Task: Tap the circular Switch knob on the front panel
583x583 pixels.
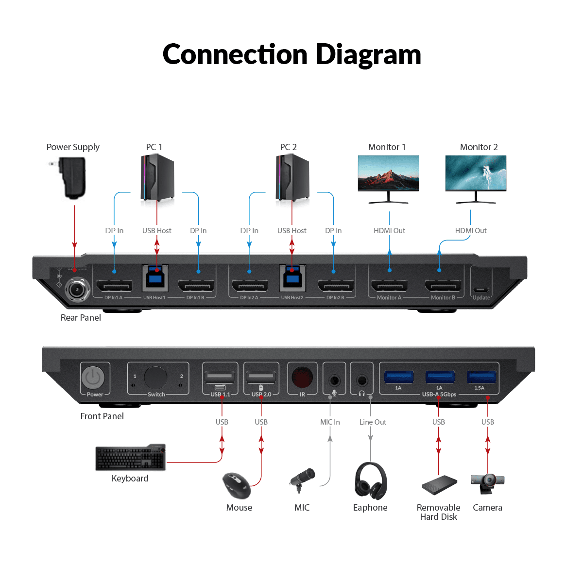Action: point(155,377)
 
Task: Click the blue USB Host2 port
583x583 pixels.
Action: point(292,279)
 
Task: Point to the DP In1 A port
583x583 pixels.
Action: point(114,286)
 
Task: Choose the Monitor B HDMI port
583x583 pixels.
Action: point(443,286)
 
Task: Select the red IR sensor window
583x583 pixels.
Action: point(302,377)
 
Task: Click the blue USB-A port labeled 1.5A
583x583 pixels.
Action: point(481,377)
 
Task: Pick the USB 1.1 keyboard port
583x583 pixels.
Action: point(220,377)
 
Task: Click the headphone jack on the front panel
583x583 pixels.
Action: point(361,380)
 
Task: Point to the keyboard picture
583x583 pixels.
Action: point(130,458)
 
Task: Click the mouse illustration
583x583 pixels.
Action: point(237,485)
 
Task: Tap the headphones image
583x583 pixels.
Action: point(371,480)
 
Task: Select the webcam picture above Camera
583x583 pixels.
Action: point(488,482)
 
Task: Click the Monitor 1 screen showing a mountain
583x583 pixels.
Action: point(388,173)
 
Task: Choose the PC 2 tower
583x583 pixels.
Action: point(292,177)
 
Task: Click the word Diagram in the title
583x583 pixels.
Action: point(368,54)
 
